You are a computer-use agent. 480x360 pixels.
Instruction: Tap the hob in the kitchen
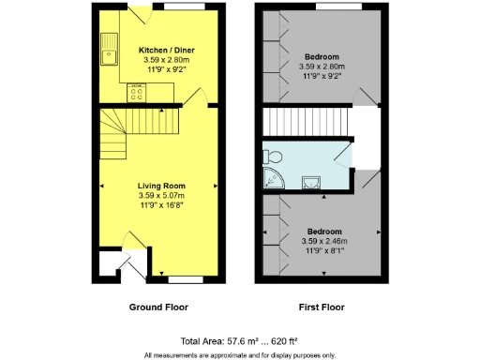tap(138, 91)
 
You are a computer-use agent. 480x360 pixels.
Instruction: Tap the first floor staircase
tap(303, 122)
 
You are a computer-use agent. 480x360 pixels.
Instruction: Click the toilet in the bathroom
tap(272, 156)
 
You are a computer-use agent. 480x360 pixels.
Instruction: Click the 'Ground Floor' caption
tap(159, 307)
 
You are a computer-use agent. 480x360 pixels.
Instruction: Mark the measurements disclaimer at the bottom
tap(240, 354)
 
